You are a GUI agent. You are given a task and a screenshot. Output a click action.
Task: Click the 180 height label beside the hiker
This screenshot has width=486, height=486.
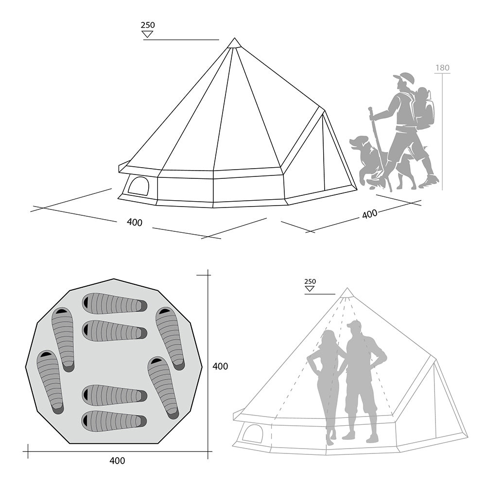[442, 68]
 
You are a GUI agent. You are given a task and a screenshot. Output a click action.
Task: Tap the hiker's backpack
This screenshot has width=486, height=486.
[423, 109]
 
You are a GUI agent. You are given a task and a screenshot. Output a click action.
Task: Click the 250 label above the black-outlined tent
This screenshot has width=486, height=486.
[148, 25]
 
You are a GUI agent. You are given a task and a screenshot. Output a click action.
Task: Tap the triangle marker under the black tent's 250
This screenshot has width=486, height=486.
[147, 34]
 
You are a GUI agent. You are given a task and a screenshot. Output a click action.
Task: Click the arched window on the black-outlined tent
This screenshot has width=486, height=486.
[139, 186]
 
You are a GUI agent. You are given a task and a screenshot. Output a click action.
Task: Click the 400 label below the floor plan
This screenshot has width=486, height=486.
[117, 461]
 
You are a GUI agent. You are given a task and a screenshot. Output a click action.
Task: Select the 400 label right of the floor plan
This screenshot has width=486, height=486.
[220, 366]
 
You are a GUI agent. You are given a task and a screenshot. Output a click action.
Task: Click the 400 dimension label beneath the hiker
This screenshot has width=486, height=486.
[369, 214]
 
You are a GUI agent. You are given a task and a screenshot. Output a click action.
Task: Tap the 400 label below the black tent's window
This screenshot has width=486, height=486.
[135, 222]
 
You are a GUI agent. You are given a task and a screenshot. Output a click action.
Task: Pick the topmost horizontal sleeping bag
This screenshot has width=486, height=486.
[115, 304]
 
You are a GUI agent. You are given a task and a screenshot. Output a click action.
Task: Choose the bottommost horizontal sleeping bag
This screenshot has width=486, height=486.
[115, 421]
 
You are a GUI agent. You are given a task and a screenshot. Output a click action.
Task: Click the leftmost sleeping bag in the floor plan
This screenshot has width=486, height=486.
[50, 382]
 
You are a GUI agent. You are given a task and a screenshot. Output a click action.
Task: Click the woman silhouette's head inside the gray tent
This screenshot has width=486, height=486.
[329, 338]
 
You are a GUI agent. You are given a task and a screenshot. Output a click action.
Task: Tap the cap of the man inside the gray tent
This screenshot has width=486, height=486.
[354, 325]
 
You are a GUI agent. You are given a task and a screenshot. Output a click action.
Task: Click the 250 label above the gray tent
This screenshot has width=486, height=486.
[310, 281]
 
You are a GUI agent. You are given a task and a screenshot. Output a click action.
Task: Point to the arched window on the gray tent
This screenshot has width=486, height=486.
[252, 433]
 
